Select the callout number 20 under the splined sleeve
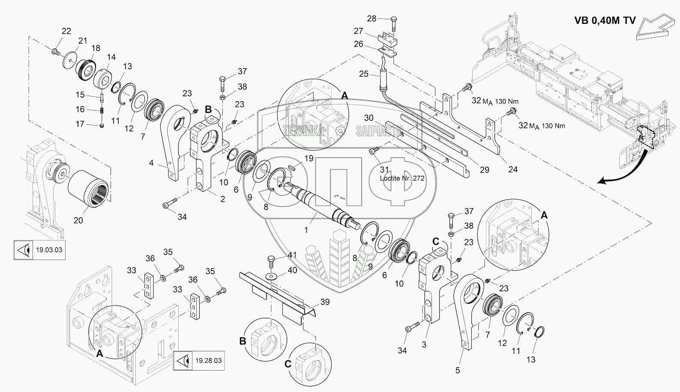[x=78, y=220]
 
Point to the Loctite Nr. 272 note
[x=402, y=178]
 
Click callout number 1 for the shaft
[x=306, y=230]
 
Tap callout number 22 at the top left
[x=66, y=31]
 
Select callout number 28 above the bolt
[x=371, y=18]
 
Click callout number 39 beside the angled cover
[x=325, y=302]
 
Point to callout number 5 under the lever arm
[x=457, y=370]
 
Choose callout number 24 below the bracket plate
[x=512, y=169]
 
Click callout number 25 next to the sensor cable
[x=363, y=74]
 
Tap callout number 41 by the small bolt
[x=292, y=255]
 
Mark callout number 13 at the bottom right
[x=531, y=359]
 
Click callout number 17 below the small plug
[x=80, y=124]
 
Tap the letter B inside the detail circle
[x=243, y=341]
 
